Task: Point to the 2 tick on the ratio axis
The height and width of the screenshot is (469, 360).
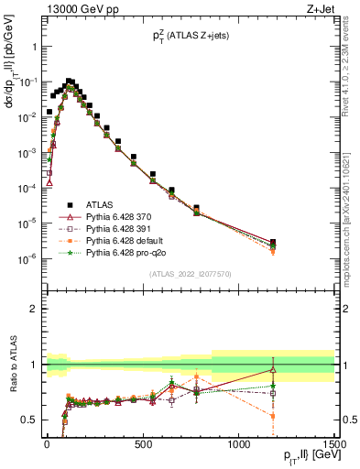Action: point(35,309)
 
